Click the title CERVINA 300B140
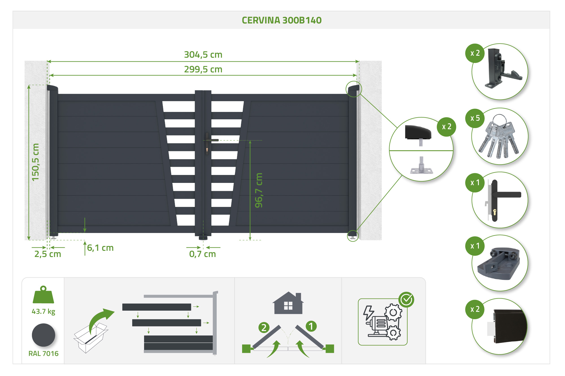[282, 20]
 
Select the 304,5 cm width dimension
[203, 55]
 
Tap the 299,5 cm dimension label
[203, 69]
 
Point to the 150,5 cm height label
[35, 162]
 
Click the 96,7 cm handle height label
[259, 190]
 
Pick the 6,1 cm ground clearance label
[100, 248]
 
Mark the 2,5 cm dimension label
[48, 254]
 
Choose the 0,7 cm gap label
[203, 254]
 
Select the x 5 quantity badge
[475, 118]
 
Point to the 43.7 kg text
[44, 312]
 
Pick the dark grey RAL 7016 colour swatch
[44, 335]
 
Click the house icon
[288, 303]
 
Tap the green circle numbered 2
[264, 327]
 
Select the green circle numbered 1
[311, 326]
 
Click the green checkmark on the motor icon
[406, 299]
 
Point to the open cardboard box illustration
[90, 338]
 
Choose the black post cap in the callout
[418, 132]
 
